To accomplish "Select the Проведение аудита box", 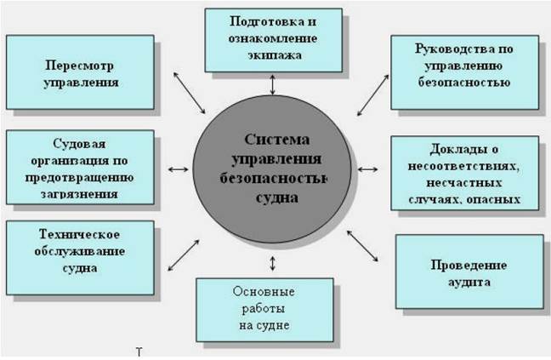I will [468, 271].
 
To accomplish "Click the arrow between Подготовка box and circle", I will [272, 85].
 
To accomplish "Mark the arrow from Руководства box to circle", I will [372, 100].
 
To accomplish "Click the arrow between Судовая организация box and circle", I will [177, 169].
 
